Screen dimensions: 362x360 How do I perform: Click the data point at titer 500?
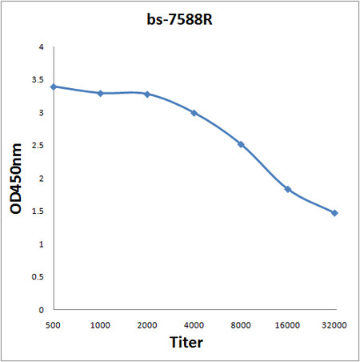click(x=53, y=86)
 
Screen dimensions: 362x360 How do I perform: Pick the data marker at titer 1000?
click(x=100, y=94)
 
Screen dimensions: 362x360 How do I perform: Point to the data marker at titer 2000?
click(x=146, y=94)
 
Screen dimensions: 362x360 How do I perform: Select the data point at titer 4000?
click(x=194, y=113)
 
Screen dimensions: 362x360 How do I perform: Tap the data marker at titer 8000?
click(x=241, y=144)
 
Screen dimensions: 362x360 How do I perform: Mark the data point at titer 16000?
click(x=287, y=189)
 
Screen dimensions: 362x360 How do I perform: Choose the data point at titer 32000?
click(x=334, y=213)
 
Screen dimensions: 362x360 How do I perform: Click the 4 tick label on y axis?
click(x=41, y=47)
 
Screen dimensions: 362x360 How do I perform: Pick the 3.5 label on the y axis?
click(x=38, y=80)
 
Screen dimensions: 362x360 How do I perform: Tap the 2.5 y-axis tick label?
click(x=38, y=146)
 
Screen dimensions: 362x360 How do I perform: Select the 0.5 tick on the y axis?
click(x=38, y=277)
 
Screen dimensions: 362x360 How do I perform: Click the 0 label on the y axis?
click(x=41, y=310)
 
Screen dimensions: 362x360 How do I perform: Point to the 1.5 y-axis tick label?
click(x=38, y=211)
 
